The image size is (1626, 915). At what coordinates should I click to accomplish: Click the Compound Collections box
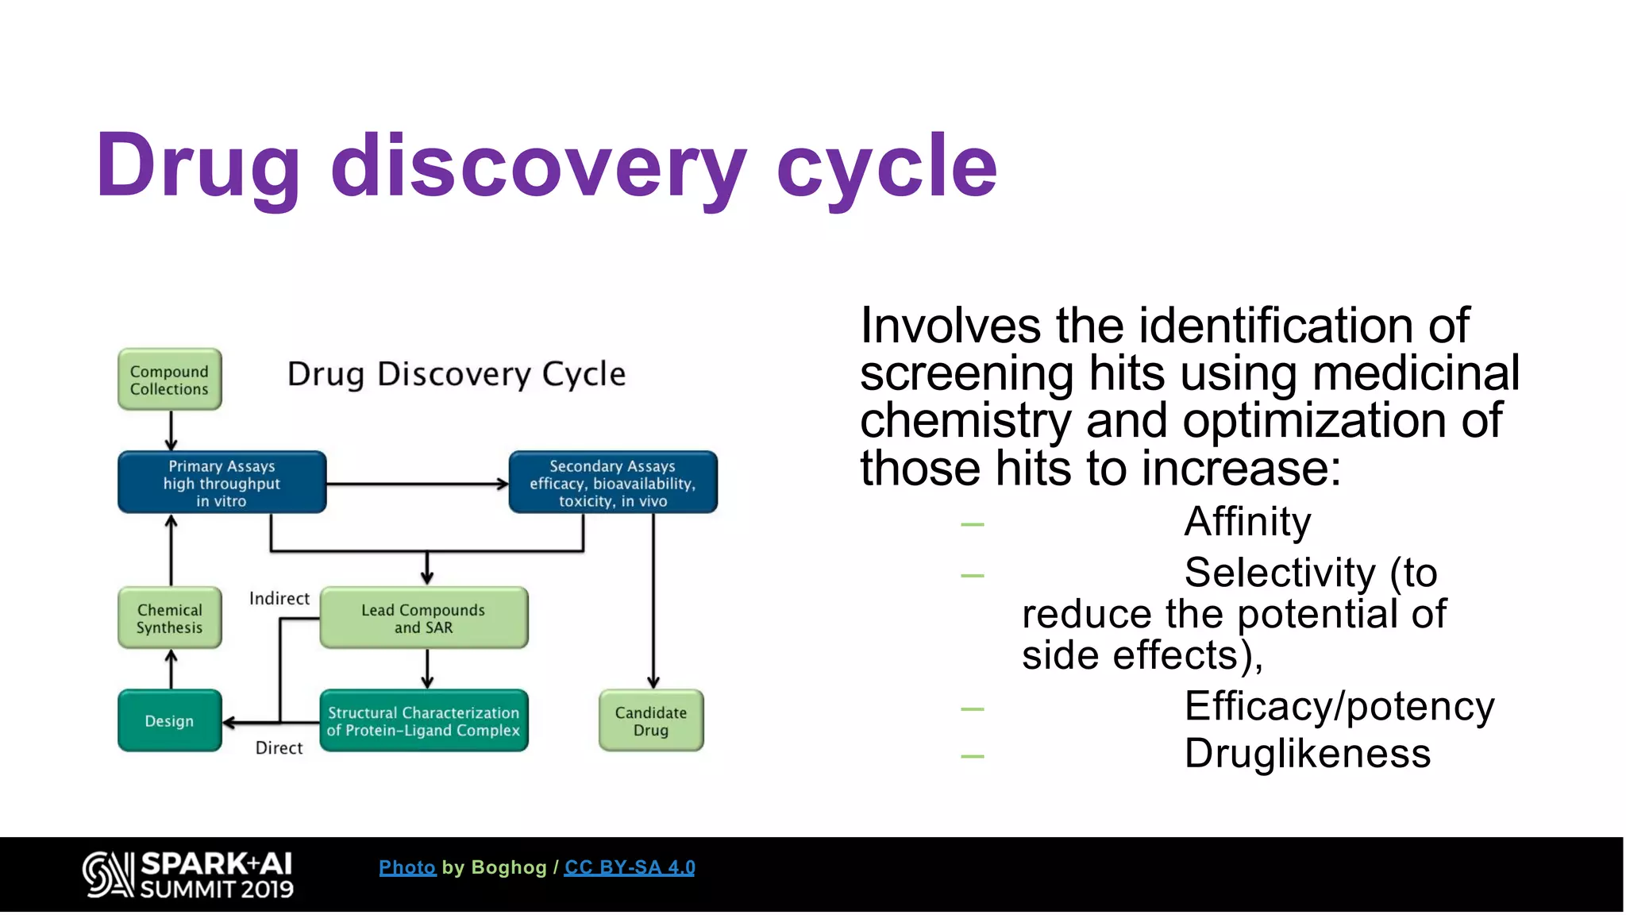(169, 380)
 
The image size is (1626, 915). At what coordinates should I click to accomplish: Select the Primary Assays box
(222, 483)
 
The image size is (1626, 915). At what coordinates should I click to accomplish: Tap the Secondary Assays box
(612, 483)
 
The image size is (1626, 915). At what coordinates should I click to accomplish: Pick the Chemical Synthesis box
(169, 618)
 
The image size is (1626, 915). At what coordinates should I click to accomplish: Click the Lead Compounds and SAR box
(423, 618)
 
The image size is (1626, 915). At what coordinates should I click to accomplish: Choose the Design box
(169, 720)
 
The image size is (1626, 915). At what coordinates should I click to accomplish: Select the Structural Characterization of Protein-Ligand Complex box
(423, 720)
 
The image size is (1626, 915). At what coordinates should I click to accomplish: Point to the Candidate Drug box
(650, 720)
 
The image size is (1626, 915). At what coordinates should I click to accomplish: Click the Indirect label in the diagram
(279, 598)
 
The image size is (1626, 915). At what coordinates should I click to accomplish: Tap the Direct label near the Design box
(279, 747)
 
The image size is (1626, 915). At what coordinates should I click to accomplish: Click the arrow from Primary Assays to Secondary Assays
(417, 483)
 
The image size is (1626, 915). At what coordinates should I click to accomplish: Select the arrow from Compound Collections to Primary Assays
(171, 430)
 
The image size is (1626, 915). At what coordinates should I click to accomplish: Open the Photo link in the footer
(407, 867)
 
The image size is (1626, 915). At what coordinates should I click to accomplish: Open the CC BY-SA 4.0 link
(629, 867)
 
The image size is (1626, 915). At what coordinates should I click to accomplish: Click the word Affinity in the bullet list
(1246, 522)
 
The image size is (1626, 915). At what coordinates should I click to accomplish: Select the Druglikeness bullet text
(1307, 753)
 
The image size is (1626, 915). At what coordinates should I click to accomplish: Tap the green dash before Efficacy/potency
(972, 708)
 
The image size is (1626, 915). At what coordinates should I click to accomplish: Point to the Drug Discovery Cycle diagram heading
(456, 373)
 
